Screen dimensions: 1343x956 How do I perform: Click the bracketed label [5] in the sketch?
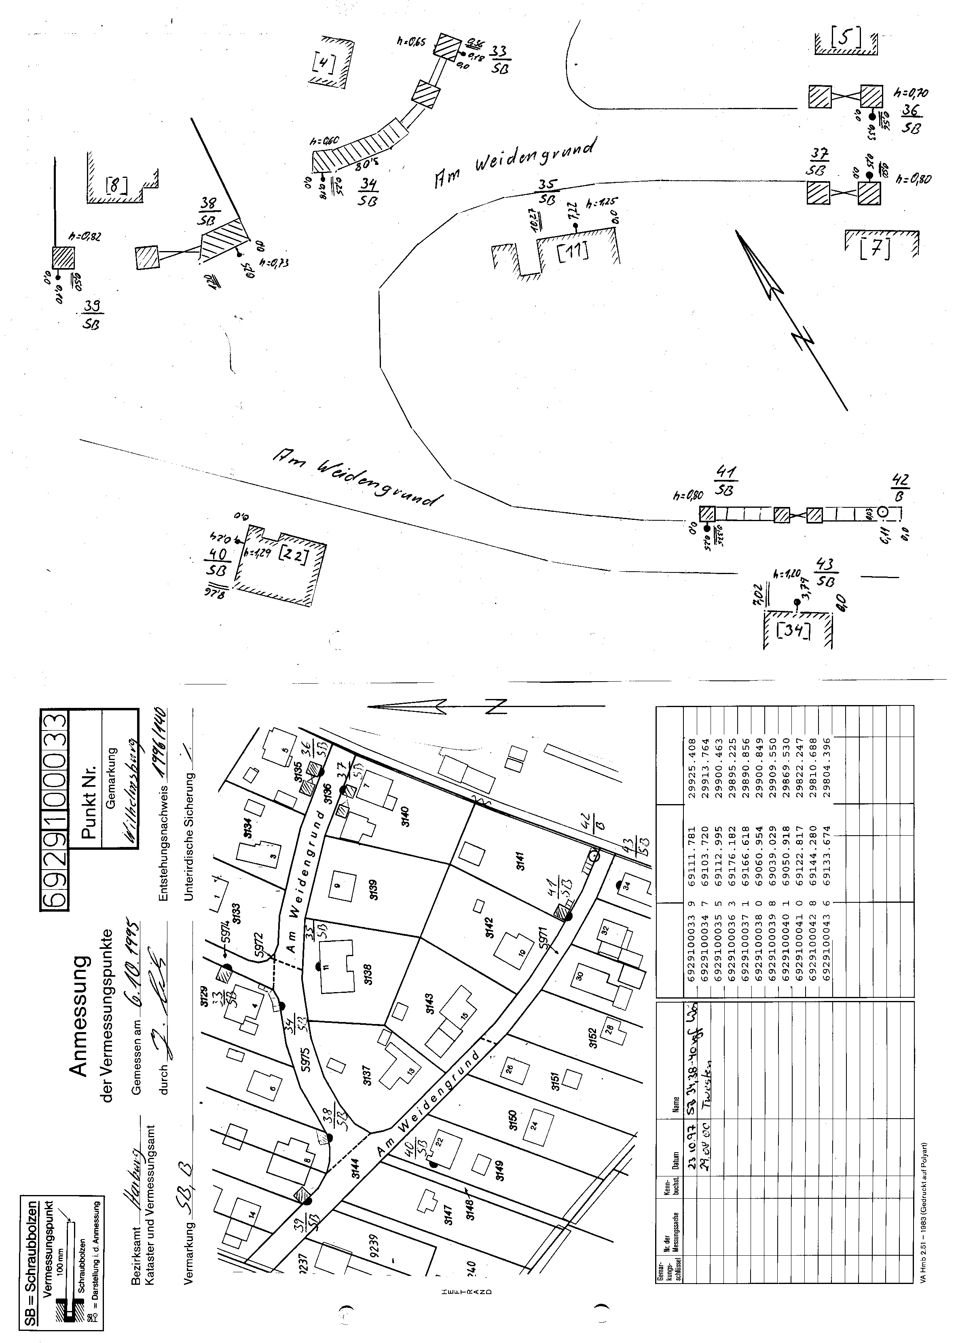[846, 38]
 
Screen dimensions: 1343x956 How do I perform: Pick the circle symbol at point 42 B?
[882, 512]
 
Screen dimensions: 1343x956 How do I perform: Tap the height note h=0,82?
[85, 237]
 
